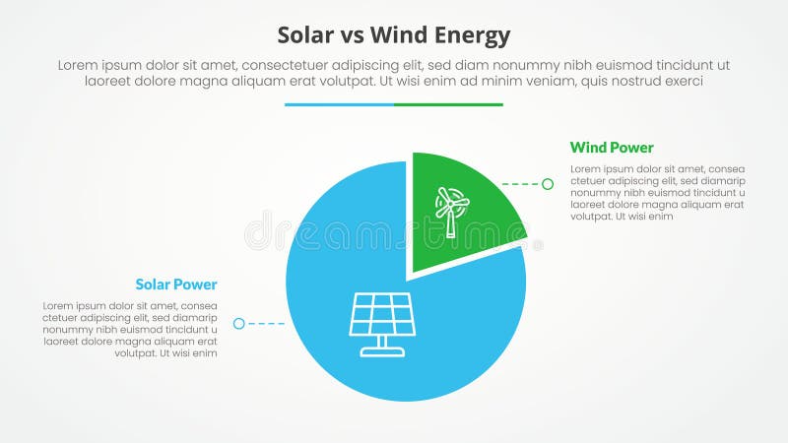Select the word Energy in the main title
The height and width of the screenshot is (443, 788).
[x=478, y=36]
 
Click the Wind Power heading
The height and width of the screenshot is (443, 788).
[x=612, y=148]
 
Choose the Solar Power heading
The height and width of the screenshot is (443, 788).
[x=176, y=285]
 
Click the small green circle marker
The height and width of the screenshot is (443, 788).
[x=548, y=184]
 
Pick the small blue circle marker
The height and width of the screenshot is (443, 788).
[x=238, y=323]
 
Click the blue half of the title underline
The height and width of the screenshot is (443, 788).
[x=339, y=104]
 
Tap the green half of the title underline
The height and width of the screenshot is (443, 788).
[x=448, y=104]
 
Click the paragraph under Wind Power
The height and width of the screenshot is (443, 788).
[x=657, y=193]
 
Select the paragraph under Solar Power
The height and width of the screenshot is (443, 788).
[x=129, y=330]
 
